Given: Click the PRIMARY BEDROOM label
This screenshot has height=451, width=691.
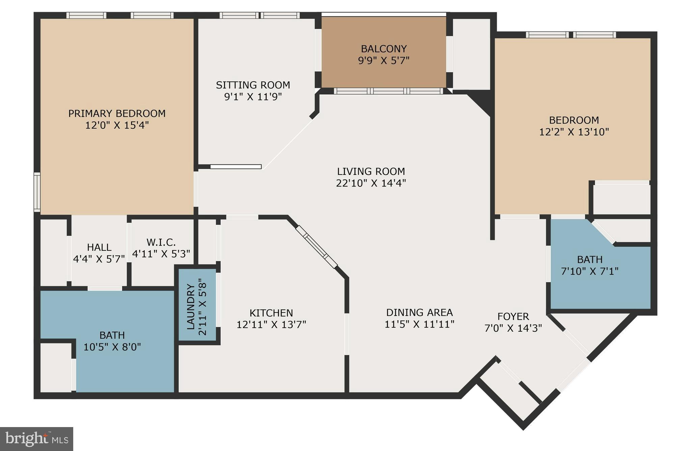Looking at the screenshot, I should point(117,114).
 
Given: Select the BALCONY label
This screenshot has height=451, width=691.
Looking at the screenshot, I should point(384,49).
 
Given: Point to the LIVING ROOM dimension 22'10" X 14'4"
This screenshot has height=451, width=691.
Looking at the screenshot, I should point(371,183).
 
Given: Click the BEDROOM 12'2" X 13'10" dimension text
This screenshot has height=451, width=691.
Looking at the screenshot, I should point(574,132).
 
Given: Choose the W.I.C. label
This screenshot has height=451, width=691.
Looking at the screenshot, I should point(161,242).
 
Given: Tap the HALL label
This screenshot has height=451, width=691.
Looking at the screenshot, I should point(99,247).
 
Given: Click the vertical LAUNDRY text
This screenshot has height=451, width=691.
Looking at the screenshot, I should point(191,307).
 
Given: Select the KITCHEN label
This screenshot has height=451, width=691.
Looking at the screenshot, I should point(271,313).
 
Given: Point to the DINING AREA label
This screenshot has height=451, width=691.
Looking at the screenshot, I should point(419,312).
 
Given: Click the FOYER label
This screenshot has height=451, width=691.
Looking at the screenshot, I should point(513,317).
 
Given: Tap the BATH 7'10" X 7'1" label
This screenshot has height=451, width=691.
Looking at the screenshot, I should point(590,260).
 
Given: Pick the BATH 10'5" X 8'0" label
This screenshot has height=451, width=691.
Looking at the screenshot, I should point(112,335).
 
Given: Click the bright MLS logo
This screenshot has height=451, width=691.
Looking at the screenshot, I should point(36,439).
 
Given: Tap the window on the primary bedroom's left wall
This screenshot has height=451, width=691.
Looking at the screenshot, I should point(37,192).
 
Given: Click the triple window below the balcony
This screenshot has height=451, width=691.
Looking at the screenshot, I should point(388,91).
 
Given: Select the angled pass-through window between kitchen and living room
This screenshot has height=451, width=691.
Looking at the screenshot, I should point(316,247).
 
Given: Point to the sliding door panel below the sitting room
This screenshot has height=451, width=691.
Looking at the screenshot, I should point(236,167).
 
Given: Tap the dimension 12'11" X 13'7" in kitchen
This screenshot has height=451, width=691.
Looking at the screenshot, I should point(271,325).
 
